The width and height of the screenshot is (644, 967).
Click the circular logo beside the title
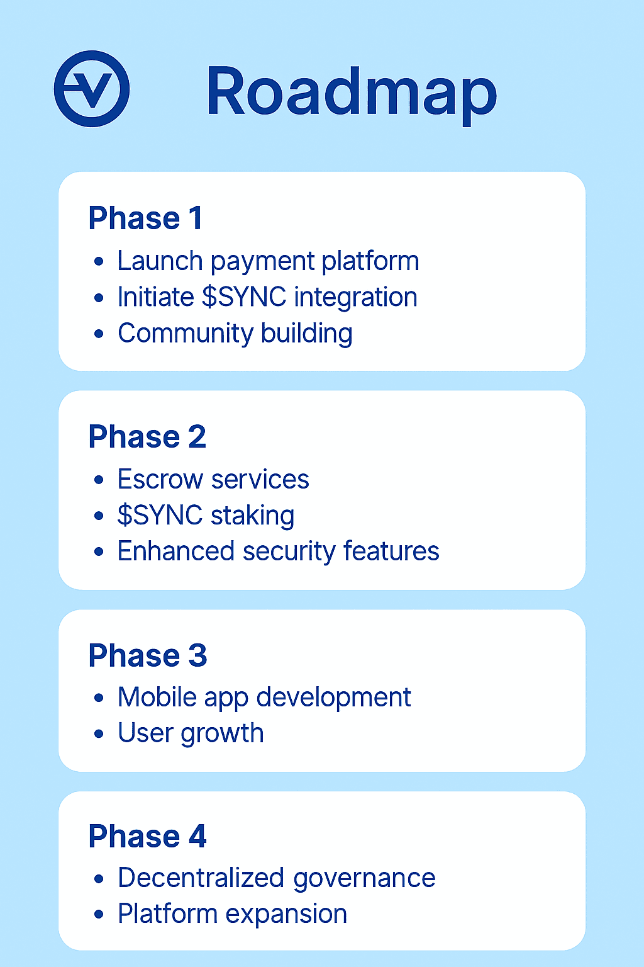[92, 89]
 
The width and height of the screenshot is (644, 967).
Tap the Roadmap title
[351, 93]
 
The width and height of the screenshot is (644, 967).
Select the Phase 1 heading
[145, 218]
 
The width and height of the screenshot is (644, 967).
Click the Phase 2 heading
[147, 437]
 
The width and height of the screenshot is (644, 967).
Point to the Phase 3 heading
[148, 655]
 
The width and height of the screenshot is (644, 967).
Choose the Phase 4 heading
[147, 837]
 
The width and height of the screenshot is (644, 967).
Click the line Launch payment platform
[268, 261]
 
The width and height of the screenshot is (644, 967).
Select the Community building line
[235, 334]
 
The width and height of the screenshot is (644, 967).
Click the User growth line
[191, 733]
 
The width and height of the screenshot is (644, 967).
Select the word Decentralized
[201, 878]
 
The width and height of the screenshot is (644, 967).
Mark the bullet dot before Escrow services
[99, 480]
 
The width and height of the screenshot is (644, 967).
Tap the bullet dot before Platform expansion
[99, 915]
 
